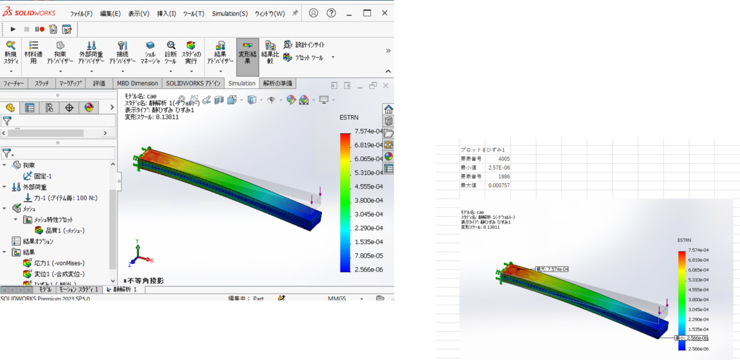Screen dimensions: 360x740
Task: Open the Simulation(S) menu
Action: click(230, 13)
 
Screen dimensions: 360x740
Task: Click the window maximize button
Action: click(367, 13)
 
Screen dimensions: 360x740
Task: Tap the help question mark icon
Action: click(331, 13)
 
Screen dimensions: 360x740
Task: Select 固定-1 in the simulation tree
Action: click(43, 176)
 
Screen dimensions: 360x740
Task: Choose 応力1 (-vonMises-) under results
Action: click(60, 263)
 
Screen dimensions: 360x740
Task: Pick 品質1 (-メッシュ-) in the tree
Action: click(65, 231)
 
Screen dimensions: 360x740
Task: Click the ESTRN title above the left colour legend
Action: click(349, 117)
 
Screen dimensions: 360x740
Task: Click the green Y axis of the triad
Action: click(136, 247)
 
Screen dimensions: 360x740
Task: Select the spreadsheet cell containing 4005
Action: click(502, 158)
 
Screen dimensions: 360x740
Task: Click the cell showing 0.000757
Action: click(499, 185)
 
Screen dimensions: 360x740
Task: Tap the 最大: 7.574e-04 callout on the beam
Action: click(552, 269)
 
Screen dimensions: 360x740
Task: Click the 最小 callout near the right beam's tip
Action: click(691, 338)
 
